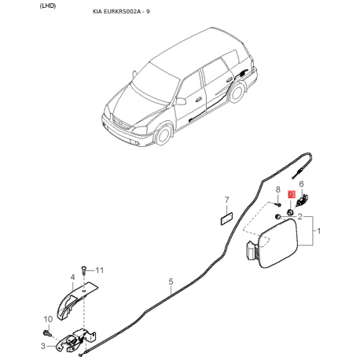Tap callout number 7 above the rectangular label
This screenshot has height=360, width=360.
tap(227, 200)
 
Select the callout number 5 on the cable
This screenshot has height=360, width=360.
tap(171, 281)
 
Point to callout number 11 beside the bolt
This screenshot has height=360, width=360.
tap(100, 270)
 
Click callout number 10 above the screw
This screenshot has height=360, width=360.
tap(48, 319)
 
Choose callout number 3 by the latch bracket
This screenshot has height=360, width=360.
tap(43, 346)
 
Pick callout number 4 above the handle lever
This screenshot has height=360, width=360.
tap(72, 277)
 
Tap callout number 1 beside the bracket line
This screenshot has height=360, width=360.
tap(319, 231)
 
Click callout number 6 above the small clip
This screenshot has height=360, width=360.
tap(301, 184)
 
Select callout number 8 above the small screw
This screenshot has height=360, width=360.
tap(278, 189)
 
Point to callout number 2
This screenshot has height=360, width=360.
tap(299, 217)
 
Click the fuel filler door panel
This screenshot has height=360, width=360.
tap(277, 243)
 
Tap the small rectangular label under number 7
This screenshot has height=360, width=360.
tap(226, 219)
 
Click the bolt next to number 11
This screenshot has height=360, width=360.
tap(83, 270)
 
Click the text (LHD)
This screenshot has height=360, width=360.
tap(48, 6)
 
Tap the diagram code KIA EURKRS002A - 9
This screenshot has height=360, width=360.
tap(121, 12)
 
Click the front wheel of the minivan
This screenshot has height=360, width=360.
tap(163, 135)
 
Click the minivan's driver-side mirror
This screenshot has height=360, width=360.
tap(181, 101)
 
